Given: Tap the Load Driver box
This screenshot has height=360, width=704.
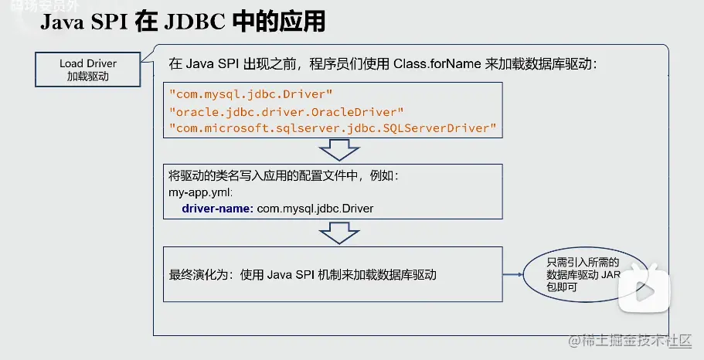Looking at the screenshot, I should [87, 70].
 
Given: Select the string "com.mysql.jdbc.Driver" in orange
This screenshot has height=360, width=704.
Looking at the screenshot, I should [250, 94].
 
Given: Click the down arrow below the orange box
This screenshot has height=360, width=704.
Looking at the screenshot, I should [334, 150].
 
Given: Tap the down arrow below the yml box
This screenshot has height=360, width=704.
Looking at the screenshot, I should [334, 233].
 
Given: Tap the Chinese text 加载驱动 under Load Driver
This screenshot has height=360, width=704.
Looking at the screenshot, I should [87, 76].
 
